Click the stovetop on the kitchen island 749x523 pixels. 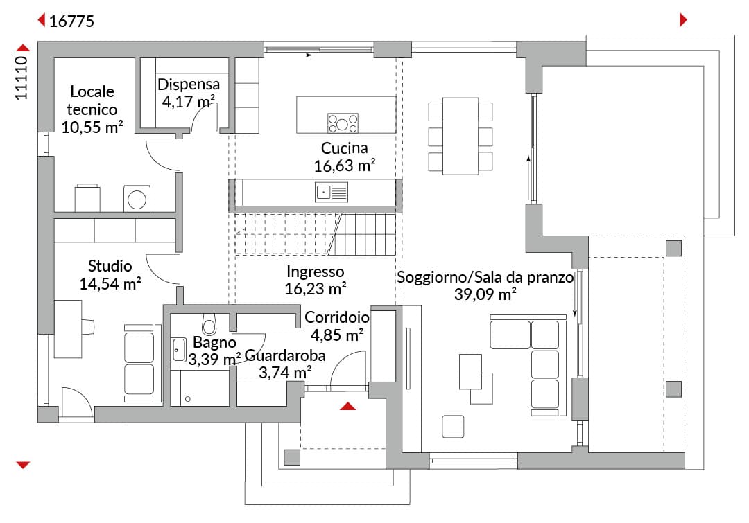pos(343,123)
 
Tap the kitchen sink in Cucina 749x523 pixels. pos(331,193)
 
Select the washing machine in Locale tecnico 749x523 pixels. pos(137,199)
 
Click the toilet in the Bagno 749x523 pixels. pos(209,324)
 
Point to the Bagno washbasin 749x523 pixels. pos(179,350)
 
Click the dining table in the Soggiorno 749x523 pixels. pos(460,136)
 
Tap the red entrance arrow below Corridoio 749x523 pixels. pos(347,407)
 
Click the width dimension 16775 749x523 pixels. pos(71,21)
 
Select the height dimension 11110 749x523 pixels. pos(21,78)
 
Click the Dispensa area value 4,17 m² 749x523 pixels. pos(189,102)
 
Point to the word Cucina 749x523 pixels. pos(345,148)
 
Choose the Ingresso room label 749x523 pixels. pos(316,272)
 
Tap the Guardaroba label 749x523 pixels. pos(285,355)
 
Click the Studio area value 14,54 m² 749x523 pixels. pos(110,284)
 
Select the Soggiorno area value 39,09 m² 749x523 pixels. pos(485,294)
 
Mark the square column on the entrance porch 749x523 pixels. pos(293,457)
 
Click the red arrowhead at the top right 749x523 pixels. pos(683,19)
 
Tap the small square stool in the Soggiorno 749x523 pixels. pos(453,426)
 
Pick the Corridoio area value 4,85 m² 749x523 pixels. pos(337,335)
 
